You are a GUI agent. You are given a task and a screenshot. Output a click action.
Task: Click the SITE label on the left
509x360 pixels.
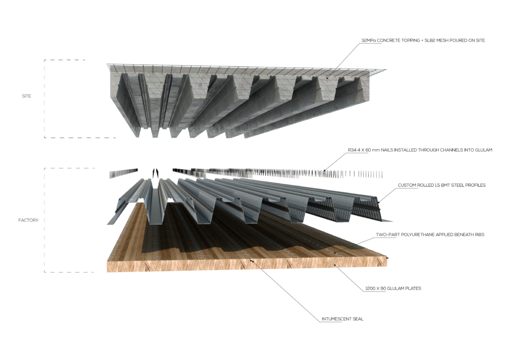tap(26, 96)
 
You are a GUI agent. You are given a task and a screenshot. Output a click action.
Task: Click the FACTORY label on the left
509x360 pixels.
tap(29, 220)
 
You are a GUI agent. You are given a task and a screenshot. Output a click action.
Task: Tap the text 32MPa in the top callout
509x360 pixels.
tap(370, 40)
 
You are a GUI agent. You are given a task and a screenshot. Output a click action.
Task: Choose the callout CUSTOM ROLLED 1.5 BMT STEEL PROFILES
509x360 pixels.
tap(441, 185)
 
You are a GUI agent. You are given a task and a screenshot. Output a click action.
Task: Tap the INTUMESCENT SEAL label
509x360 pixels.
tap(342, 319)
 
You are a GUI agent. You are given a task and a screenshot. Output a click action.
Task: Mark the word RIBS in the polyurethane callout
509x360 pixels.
tap(477, 234)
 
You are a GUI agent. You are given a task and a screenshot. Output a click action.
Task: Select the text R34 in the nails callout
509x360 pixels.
tap(352, 150)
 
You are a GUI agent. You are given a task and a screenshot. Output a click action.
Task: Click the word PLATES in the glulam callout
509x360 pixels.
tap(412, 288)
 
